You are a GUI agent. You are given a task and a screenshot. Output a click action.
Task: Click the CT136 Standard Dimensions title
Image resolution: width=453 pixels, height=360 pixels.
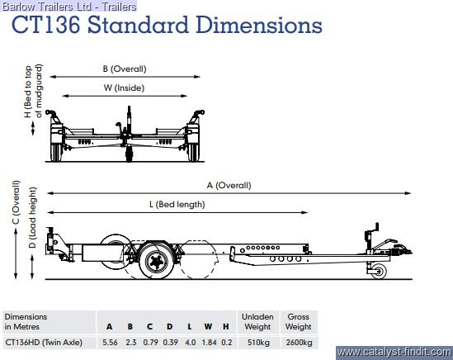point(167,25)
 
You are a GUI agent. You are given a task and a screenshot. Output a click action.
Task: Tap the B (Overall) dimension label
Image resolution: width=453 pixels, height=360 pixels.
point(125,69)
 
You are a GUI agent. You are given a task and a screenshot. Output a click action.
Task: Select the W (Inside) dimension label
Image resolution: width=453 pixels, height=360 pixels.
point(125,88)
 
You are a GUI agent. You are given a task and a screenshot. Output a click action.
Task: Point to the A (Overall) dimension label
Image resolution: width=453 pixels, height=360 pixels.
point(229,185)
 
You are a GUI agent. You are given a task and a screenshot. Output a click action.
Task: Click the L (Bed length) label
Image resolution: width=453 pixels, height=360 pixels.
point(177,205)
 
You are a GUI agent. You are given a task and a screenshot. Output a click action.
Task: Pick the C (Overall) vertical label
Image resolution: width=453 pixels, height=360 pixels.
point(16,202)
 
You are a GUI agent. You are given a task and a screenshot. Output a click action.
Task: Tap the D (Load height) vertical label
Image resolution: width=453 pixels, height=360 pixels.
point(32,217)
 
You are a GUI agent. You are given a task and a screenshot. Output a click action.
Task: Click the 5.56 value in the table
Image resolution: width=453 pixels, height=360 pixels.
point(110,343)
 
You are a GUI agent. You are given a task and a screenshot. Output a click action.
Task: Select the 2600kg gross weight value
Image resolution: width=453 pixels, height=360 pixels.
point(299,343)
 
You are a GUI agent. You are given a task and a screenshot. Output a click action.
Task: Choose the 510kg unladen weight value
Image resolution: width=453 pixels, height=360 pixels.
point(258,343)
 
